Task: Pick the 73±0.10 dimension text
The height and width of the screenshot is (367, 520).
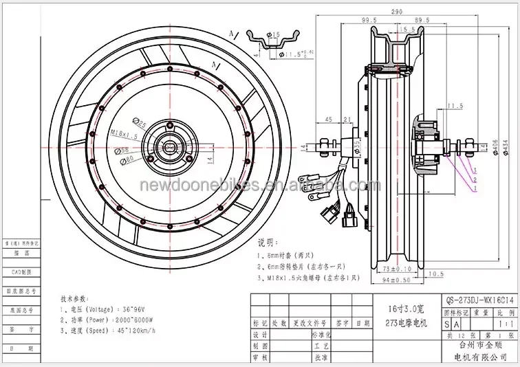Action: [x=395, y=269]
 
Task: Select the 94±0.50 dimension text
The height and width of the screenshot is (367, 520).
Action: [x=395, y=280]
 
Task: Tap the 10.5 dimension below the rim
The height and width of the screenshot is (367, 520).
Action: [x=437, y=274]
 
